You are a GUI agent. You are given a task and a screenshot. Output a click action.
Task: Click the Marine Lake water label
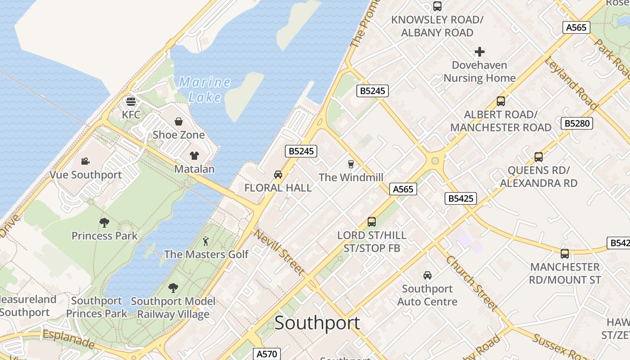pos(205,90)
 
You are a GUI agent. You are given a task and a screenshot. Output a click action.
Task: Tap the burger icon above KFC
pos(131,101)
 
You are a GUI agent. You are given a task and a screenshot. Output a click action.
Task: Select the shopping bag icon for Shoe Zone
pos(179,121)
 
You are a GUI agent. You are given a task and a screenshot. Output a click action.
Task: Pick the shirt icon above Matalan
pos(194,156)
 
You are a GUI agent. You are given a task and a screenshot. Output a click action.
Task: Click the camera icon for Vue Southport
pos(85,162)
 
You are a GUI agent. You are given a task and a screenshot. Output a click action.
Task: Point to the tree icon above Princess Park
pos(104,222)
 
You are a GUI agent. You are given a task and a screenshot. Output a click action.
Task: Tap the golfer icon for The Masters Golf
pos(206,241)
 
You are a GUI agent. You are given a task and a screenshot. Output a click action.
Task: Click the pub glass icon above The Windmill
pos(351,164)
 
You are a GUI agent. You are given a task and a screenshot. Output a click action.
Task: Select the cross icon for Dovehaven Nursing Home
pos(480,52)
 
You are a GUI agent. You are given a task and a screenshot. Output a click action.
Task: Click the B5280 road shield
pos(576,123)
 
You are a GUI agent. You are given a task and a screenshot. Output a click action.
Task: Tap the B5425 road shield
pos(461,198)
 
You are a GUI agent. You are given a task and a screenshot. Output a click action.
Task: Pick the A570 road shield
pos(266,354)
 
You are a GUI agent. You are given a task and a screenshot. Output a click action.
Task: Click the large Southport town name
pos(317,323)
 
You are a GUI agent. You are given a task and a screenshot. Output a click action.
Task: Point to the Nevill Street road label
pos(279,252)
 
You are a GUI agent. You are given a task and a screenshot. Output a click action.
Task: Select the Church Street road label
pos(472,283)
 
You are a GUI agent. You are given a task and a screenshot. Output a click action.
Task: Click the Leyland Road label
pos(571,83)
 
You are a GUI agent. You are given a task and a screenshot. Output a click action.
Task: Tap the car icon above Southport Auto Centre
pos(427,275)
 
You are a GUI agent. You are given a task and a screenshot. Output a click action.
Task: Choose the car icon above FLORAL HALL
pos(278,175)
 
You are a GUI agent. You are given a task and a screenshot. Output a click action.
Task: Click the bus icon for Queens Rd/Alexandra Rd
pos(539,157)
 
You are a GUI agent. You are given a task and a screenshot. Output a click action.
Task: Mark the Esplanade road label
pos(68,339)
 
